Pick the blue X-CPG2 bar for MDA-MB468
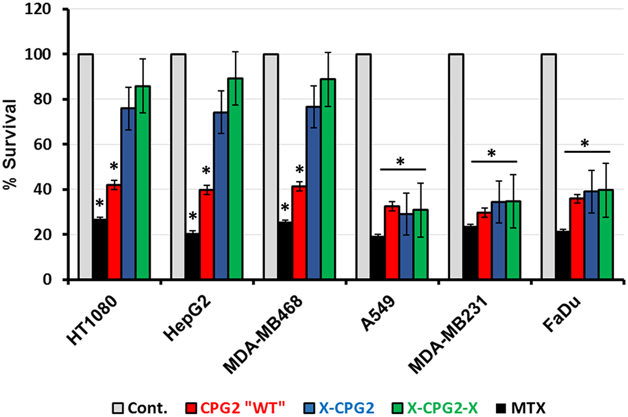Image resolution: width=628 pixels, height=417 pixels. coord(313,193)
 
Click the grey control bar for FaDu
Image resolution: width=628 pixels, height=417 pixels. coord(549,166)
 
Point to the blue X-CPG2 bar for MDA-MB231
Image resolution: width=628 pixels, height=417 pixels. coord(499,240)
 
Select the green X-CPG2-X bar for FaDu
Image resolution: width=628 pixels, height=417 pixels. coord(606,234)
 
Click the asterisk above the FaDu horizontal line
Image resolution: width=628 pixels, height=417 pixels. coord(585,144)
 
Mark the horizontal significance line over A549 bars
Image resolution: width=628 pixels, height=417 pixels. coord(403,169)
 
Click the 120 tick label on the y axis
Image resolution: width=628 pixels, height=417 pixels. coord(38,9)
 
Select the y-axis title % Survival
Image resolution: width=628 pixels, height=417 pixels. coord(10,144)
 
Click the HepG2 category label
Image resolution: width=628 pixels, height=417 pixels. coord(187,319)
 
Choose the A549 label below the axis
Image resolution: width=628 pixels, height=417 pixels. coord(378,313)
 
